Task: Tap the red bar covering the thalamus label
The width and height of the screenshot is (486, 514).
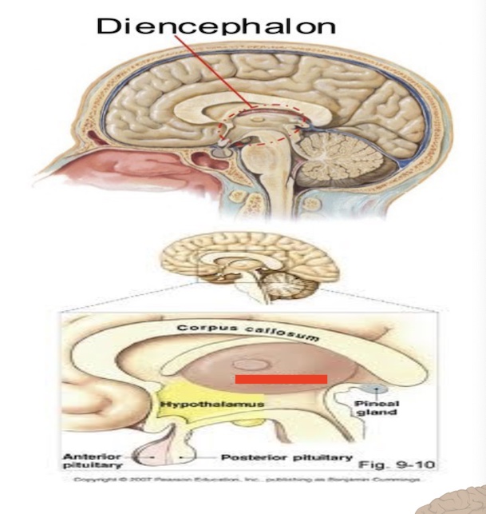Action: click(280, 378)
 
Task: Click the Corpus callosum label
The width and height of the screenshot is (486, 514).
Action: click(248, 333)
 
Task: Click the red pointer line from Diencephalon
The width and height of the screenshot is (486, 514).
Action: click(212, 72)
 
